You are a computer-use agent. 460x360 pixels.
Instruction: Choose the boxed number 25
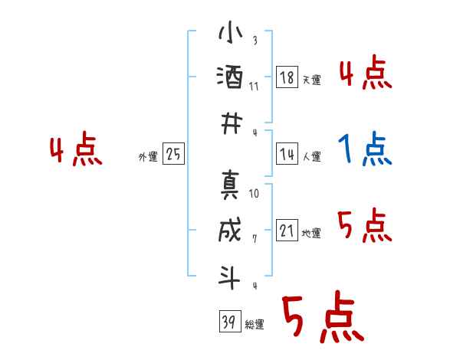point(173,154)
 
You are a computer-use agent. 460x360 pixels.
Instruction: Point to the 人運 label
point(311,156)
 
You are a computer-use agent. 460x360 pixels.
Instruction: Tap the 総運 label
point(255,324)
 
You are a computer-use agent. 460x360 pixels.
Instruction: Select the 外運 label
point(148,156)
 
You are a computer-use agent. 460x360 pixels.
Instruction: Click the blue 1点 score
point(366,149)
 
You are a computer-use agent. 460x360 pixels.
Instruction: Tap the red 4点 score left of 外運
point(75,150)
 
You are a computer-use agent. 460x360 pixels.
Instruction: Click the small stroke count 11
point(255,86)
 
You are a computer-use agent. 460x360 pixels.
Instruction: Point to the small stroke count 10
point(255,193)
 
